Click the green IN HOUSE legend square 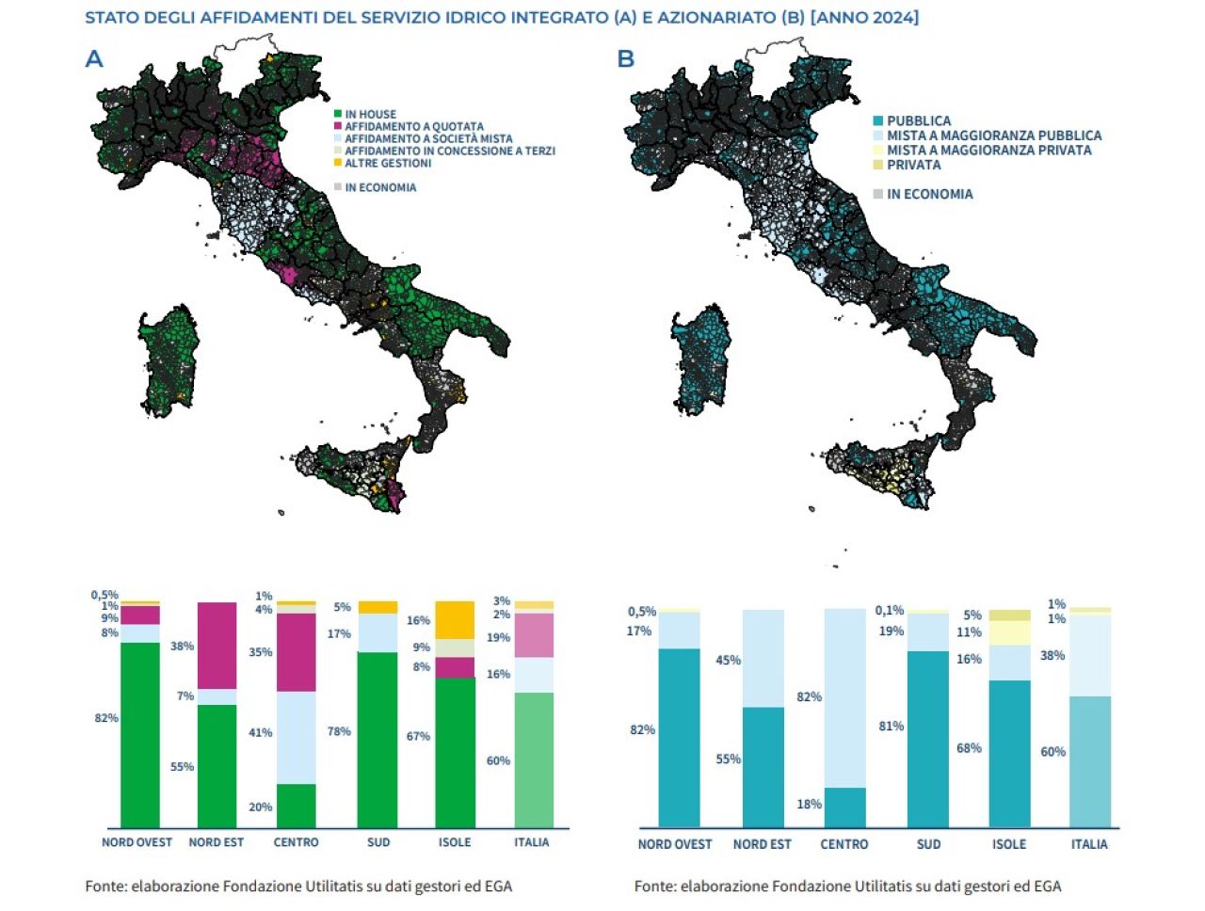point(338,114)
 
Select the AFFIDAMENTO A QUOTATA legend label point(414,126)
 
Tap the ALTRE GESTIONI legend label point(388,163)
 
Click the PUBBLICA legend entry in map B point(918,120)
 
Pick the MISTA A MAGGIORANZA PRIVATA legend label point(988,150)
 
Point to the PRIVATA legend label point(913,165)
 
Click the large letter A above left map point(94,59)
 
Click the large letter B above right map point(626,59)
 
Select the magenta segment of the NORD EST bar point(217,646)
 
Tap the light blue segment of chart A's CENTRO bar point(296,738)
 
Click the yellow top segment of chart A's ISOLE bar point(455,619)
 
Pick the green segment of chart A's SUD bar point(378,739)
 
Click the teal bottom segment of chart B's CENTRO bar point(844,807)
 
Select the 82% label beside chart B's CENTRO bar point(809,697)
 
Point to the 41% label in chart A point(260,732)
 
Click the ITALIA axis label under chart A point(532,842)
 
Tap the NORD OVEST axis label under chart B point(675,844)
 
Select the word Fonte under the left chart point(104,886)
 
